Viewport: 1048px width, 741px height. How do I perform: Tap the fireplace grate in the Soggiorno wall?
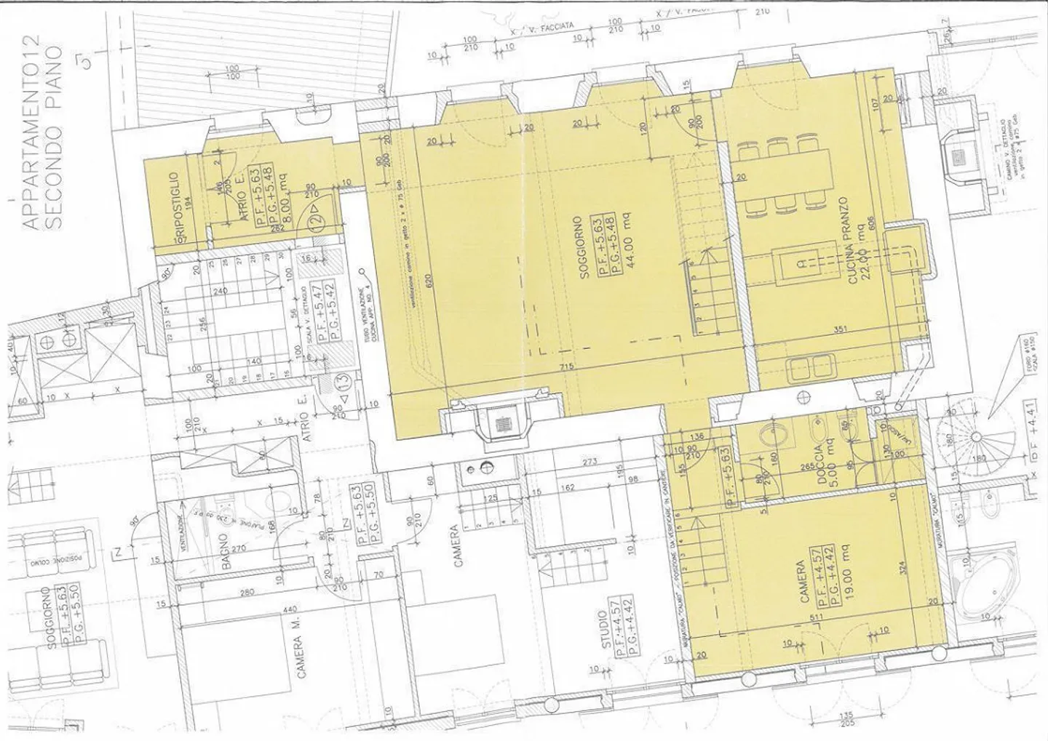point(501,424)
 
